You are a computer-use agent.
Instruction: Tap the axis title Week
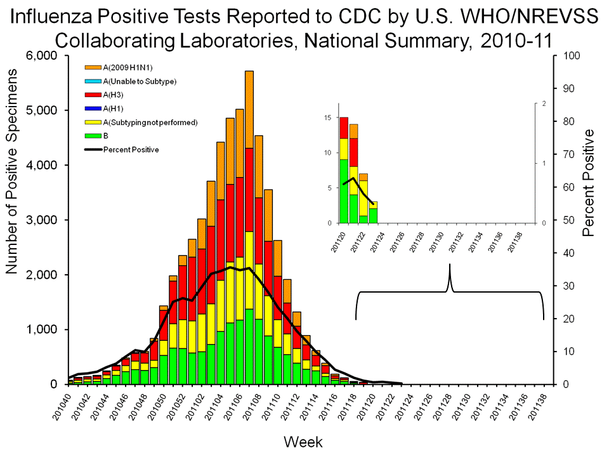pyautogui.click(x=302, y=441)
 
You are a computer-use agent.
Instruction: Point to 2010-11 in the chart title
pyautogui.click(x=514, y=40)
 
